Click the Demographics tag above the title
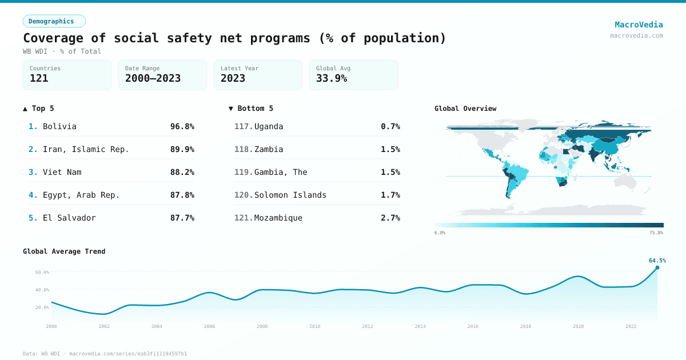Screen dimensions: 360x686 (54, 21)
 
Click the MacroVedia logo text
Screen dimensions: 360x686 (639, 25)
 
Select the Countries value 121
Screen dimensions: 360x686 (39, 78)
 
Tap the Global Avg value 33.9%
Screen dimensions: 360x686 (332, 78)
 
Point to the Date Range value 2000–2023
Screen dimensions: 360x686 (153, 78)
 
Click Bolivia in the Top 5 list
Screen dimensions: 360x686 (59, 126)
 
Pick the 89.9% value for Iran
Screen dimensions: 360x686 (182, 149)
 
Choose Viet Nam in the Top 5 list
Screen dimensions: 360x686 (62, 172)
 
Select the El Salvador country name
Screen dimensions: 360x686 (69, 218)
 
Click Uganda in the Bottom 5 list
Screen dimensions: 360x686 (269, 126)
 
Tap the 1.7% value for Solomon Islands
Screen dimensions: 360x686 (390, 195)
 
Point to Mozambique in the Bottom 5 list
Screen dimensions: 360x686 (278, 218)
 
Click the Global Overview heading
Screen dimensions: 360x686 (465, 109)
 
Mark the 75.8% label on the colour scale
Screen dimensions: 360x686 (656, 233)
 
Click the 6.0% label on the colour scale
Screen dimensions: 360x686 (440, 233)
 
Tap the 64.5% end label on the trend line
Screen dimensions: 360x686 (657, 261)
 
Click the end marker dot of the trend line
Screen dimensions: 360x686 (657, 267)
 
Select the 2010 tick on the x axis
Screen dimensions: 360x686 (315, 326)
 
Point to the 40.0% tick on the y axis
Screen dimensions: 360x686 (42, 290)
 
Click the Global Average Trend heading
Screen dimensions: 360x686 (64, 251)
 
